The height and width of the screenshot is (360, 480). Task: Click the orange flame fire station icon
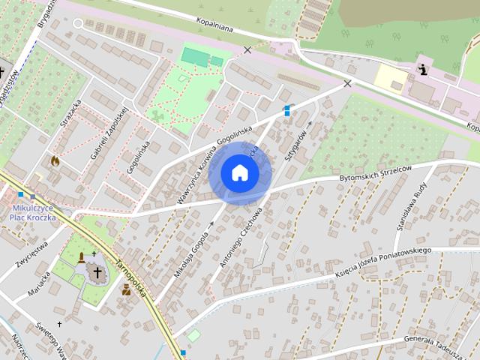coord(55,160)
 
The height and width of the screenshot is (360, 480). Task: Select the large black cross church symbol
coord(97,272)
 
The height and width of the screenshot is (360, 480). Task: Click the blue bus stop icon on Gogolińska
coord(286,110)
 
